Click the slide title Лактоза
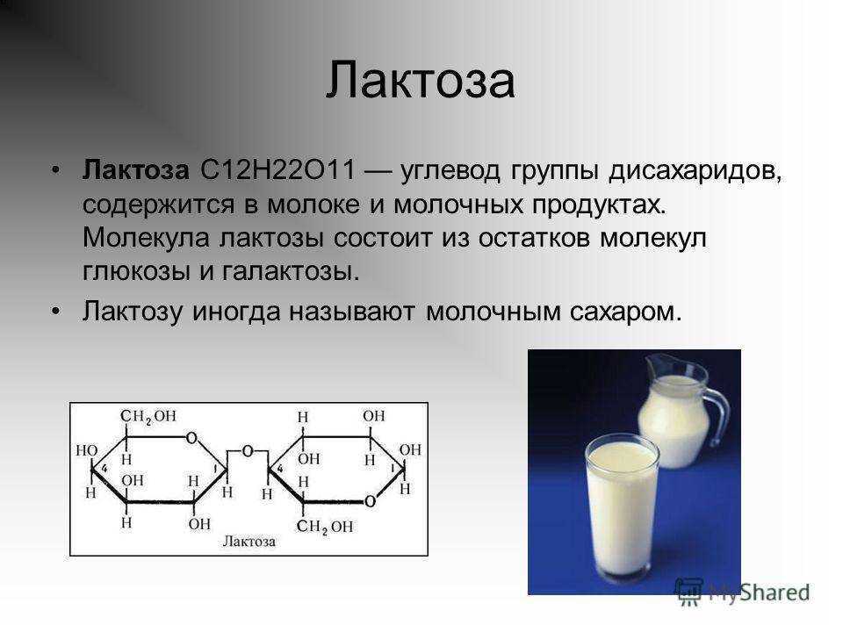tap(421, 80)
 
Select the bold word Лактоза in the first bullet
tap(135, 170)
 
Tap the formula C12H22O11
tap(278, 170)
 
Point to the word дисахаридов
tap(695, 172)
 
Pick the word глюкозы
tap(137, 272)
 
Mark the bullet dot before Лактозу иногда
tap(55, 311)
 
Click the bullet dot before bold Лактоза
tap(55, 170)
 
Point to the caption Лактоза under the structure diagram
tap(249, 542)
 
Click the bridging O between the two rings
tap(247, 451)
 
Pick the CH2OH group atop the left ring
tap(148, 416)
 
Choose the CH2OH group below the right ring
tap(325, 527)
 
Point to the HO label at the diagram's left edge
tap(87, 450)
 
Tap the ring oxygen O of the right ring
tap(370, 502)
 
